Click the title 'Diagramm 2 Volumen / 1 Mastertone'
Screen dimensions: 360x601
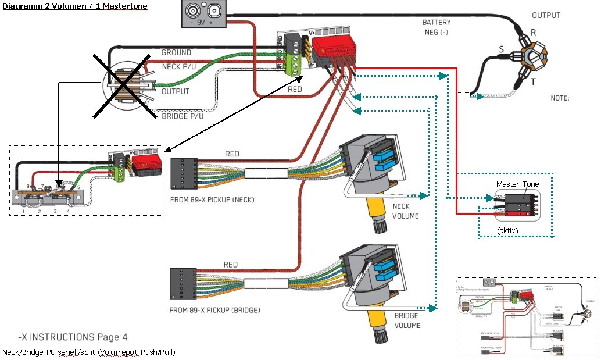74,6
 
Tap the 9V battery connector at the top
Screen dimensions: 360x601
206,13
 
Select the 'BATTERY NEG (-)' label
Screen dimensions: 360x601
436,27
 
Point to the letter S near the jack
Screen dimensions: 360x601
502,49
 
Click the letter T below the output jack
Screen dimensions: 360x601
532,82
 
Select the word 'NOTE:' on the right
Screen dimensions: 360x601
560,98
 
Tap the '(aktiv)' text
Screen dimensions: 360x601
508,231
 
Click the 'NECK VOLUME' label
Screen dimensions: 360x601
406,211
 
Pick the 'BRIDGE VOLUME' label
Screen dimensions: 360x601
407,320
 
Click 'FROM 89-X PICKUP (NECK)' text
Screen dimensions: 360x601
213,199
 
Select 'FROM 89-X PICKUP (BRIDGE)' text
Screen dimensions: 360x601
214,310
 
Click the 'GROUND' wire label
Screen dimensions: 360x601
176,52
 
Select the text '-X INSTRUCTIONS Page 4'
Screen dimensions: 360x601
73,337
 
